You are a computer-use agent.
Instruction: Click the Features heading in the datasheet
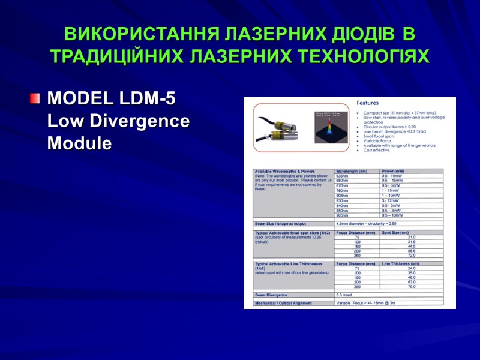[x=368, y=103]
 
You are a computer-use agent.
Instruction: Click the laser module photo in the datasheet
[x=278, y=127]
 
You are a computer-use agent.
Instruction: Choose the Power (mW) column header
[x=394, y=171]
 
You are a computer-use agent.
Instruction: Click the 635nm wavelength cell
[x=342, y=176]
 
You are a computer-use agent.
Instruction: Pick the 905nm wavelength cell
[x=342, y=215]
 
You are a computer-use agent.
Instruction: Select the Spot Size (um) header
[x=395, y=232]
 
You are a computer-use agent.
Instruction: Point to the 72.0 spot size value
[x=411, y=255]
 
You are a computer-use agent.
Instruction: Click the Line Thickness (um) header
[x=401, y=263]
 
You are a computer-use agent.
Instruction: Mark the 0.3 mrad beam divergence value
[x=344, y=295]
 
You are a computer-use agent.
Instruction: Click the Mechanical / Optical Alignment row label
[x=284, y=303]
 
